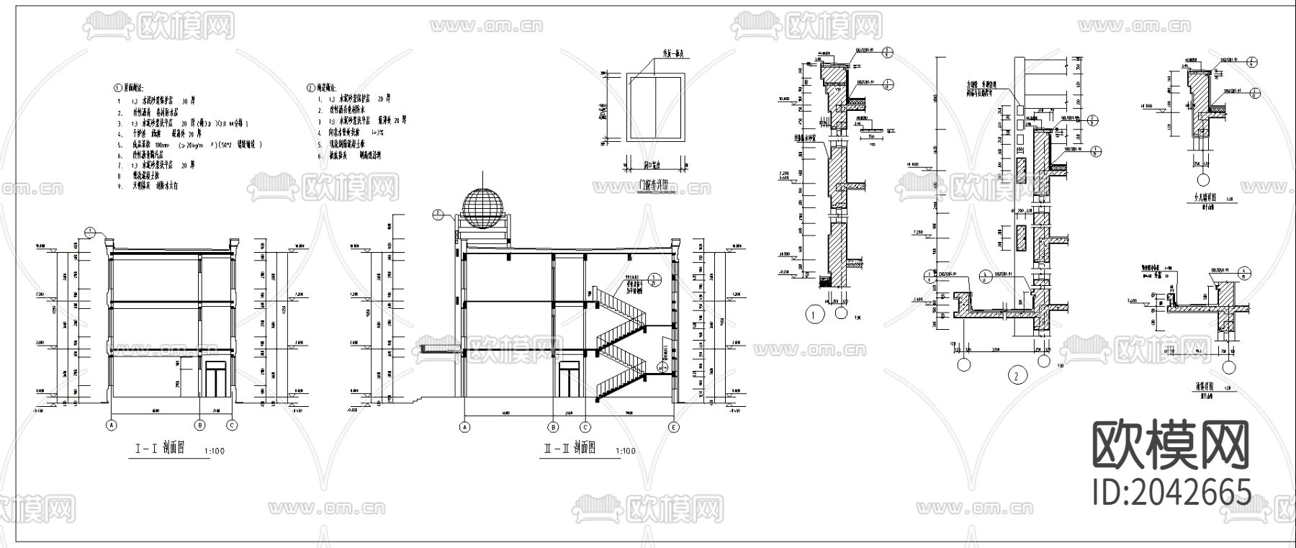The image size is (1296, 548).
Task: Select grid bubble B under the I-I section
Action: click(201, 426)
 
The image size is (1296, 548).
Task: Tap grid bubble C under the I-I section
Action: click(232, 426)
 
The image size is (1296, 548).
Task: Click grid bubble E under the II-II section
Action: click(674, 427)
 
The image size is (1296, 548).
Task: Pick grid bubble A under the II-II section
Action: click(464, 427)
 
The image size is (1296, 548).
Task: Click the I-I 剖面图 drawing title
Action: click(160, 448)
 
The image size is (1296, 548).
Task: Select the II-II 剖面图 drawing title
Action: click(569, 449)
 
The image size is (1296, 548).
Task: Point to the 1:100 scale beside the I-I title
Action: click(215, 452)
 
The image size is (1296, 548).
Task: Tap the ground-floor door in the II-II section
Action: click(570, 381)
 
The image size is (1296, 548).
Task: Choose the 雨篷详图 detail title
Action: click(1195, 386)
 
